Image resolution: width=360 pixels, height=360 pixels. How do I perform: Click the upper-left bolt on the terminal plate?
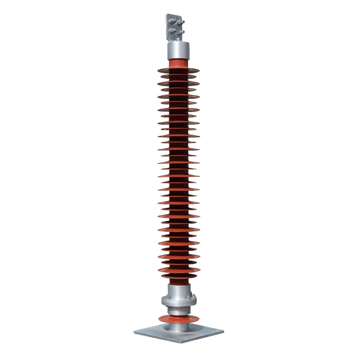point(172,21)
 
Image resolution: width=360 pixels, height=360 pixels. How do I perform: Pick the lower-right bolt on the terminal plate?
point(180,31)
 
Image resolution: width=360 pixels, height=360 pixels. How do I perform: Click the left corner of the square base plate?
point(135,332)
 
